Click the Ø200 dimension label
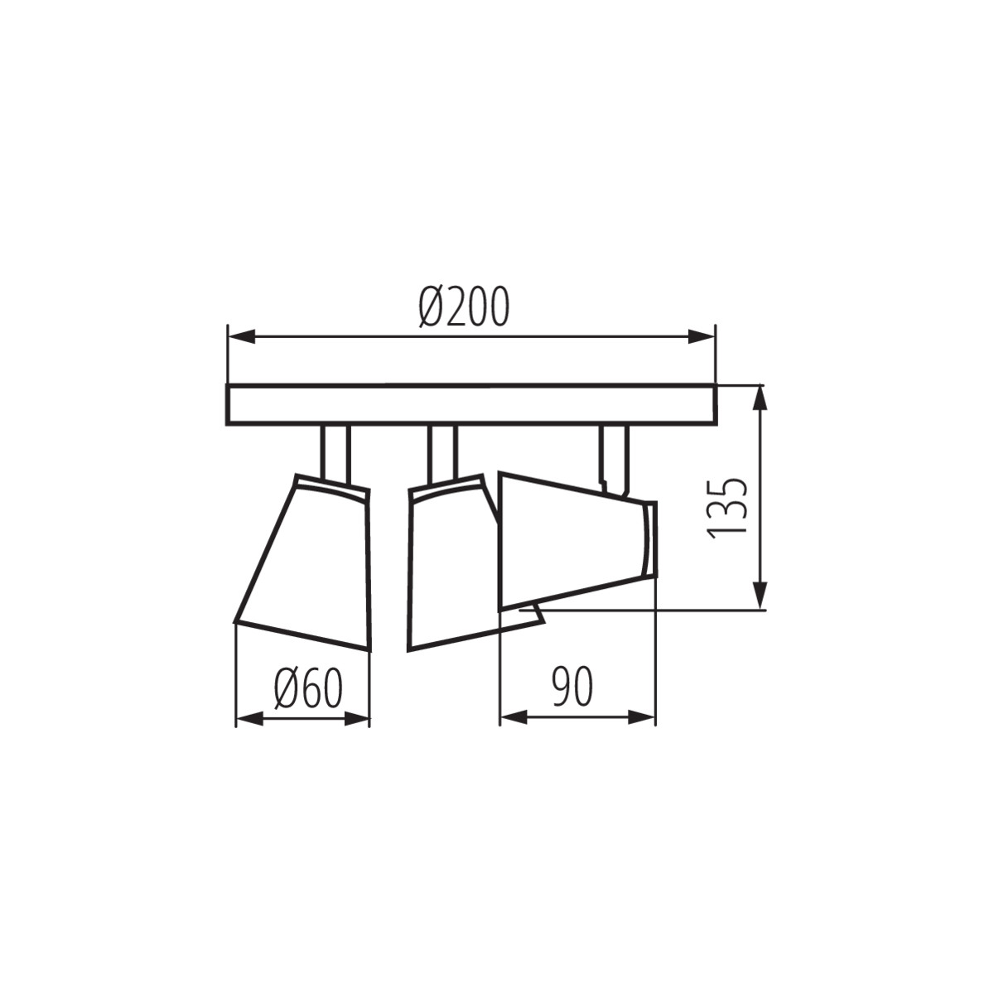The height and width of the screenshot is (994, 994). point(464,307)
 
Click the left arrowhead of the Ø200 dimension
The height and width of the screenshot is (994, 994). point(240,336)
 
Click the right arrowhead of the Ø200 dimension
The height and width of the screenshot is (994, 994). point(702,336)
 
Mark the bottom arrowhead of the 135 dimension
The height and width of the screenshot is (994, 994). point(760,596)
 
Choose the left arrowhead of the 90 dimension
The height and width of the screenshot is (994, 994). point(513,717)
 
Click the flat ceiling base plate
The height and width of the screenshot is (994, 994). point(470,405)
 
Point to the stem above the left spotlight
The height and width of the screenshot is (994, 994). point(336,451)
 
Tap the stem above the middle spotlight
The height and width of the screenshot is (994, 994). point(442,451)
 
